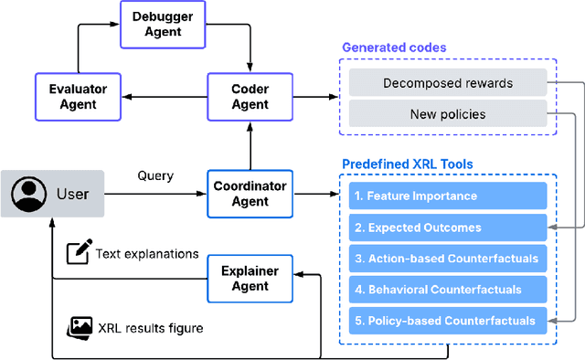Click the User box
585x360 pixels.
point(52,194)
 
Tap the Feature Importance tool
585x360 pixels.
point(448,196)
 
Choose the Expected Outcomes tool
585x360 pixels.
point(448,228)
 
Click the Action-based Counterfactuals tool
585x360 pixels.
point(448,259)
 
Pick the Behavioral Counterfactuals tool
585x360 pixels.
point(448,290)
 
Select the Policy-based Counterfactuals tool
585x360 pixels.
point(448,321)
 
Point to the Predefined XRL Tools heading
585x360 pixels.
point(408,164)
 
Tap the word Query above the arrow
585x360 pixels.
point(155,175)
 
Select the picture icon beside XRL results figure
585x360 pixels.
point(81,326)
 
